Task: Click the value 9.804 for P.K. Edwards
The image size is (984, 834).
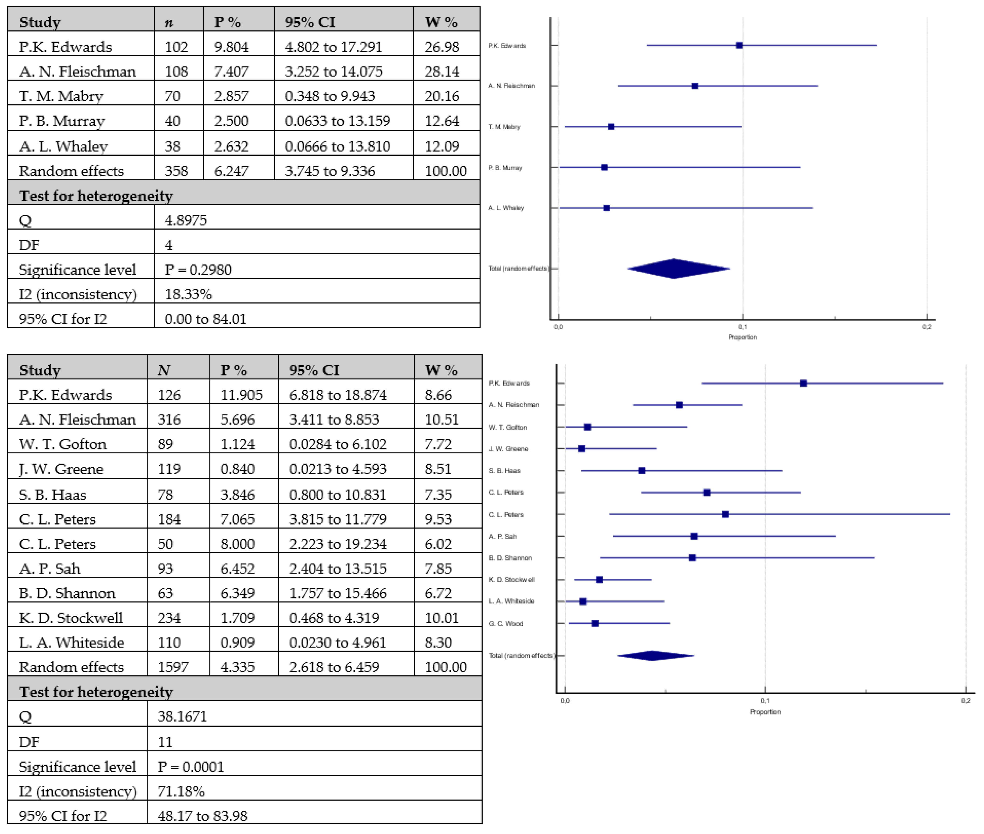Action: tap(231, 47)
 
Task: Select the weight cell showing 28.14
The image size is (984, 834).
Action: tap(441, 71)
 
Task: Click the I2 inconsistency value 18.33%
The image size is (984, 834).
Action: tap(188, 294)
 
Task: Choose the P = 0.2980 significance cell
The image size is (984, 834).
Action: tap(198, 270)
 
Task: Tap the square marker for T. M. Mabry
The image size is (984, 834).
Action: tap(611, 127)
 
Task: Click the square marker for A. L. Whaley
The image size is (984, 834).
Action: tap(606, 208)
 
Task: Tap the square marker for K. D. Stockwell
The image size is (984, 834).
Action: tap(599, 580)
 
